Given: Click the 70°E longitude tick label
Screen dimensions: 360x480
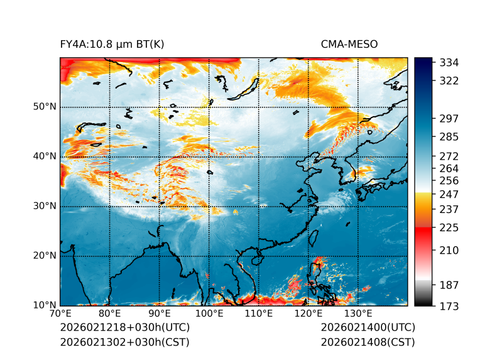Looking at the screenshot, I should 60,314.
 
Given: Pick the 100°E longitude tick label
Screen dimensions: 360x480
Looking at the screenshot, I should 209,314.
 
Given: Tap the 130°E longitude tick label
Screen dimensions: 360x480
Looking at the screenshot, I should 358,314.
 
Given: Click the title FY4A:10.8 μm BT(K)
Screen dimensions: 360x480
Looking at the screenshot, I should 112,44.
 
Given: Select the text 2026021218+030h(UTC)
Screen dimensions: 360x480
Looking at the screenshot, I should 124,327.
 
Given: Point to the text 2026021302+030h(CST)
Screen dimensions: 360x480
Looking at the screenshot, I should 124,342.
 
